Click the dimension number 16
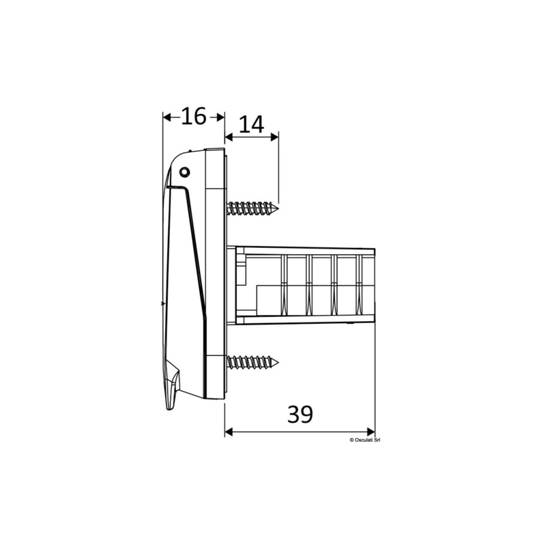194,116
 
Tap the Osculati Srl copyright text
365,439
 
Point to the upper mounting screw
253,208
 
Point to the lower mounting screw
253,363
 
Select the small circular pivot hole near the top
184,171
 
